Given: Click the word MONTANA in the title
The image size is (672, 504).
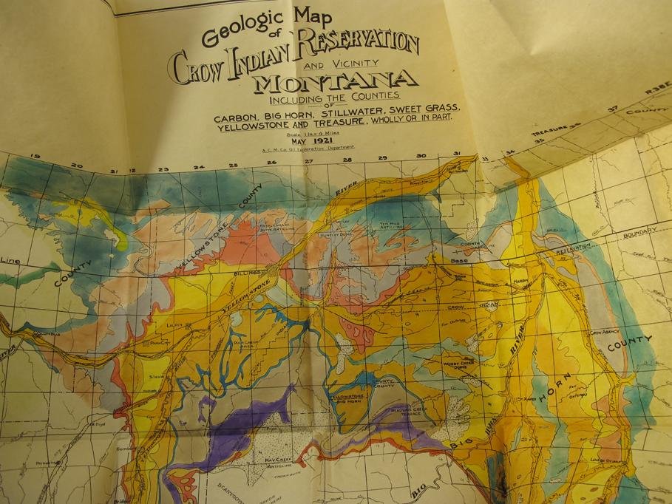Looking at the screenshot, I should tap(336, 80).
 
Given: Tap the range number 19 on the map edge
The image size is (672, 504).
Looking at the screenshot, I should tap(33, 157).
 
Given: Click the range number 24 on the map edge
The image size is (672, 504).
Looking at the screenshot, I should tap(197, 167).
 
